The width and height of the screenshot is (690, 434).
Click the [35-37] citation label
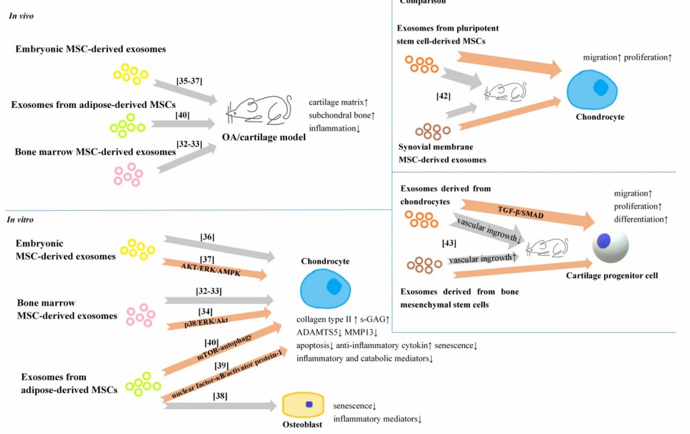pos(189,81)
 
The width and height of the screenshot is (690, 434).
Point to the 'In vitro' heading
pos(20,220)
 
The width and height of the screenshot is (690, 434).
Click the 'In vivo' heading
pos(21,16)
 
